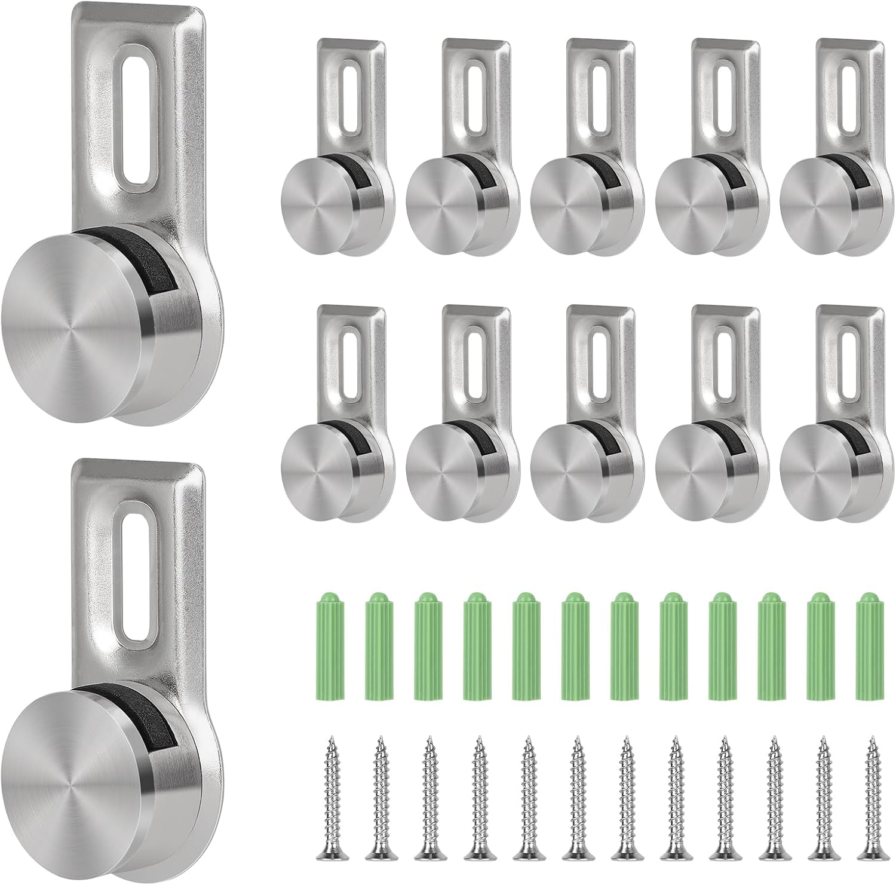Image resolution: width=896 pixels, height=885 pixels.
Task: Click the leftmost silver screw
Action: click(x=327, y=801)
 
